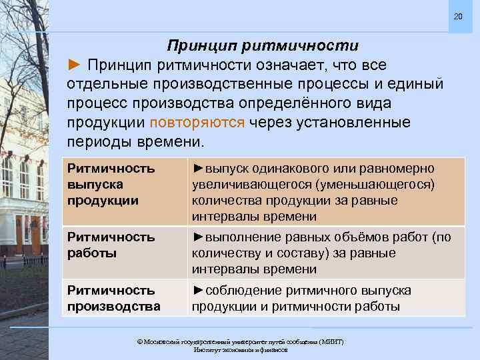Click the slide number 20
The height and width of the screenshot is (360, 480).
[457, 15]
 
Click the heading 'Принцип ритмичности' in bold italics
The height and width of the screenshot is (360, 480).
[262, 46]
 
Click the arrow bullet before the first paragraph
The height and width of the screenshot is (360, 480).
[75, 65]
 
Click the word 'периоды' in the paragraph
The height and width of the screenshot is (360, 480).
[100, 143]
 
